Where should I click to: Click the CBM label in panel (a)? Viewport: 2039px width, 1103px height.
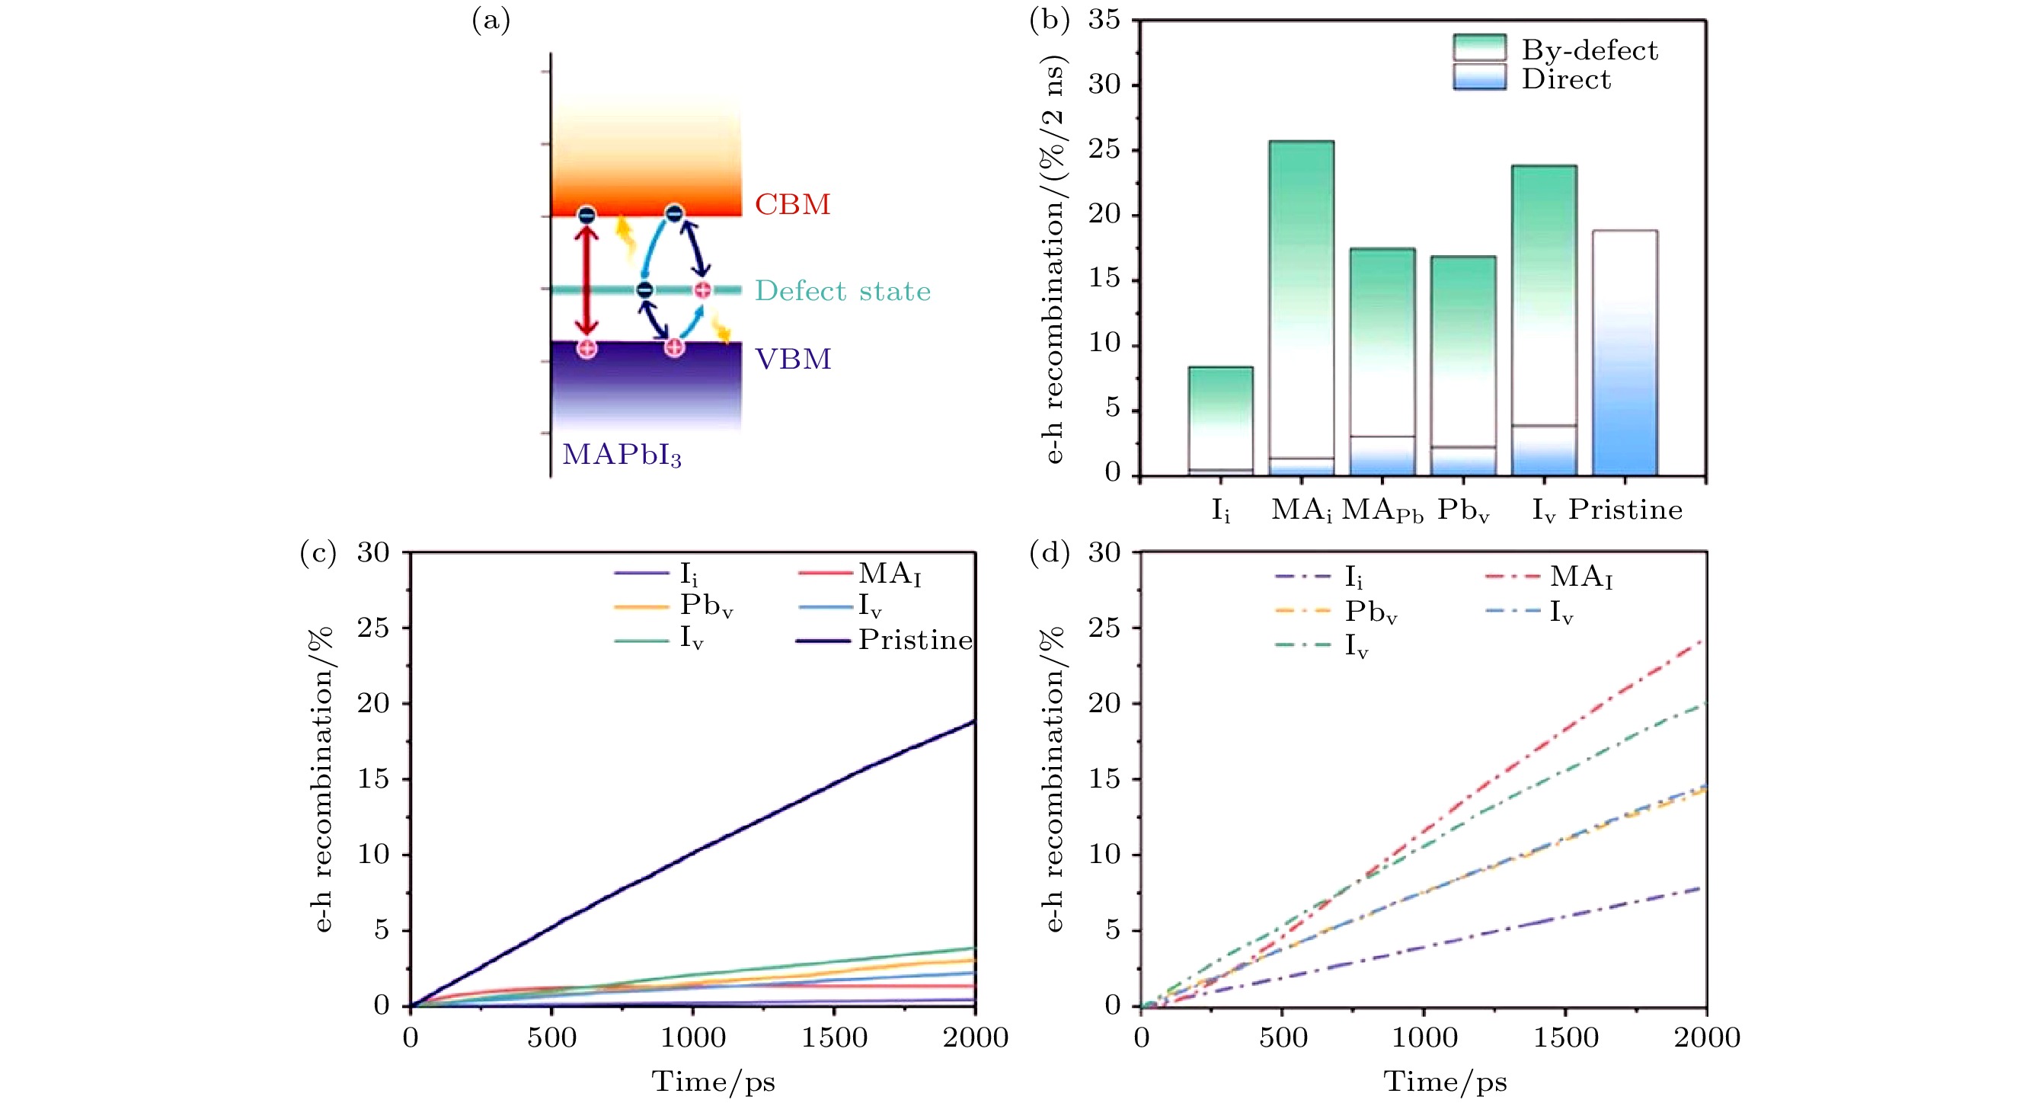[792, 204]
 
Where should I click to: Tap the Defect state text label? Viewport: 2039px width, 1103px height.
[842, 290]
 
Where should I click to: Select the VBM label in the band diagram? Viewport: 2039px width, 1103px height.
[793, 359]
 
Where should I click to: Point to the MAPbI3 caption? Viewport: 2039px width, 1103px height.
[622, 455]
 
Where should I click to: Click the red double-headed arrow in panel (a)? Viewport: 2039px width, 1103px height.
[586, 280]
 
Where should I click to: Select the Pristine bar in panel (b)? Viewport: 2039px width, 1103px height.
[1624, 353]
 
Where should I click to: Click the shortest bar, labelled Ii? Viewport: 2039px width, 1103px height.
[1219, 420]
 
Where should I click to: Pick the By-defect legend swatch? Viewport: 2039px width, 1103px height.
[1478, 47]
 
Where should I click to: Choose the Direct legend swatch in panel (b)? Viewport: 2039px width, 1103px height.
[1478, 77]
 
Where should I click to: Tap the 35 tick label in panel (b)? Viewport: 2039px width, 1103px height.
[1104, 20]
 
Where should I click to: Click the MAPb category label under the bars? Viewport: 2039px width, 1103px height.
[1382, 510]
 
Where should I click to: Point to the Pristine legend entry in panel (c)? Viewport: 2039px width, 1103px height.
[915, 640]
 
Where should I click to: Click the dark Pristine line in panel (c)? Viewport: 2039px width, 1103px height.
[693, 853]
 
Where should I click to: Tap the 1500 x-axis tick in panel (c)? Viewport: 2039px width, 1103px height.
[834, 1037]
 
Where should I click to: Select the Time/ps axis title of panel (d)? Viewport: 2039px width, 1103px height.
[1445, 1081]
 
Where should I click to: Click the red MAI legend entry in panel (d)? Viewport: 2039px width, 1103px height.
[1580, 577]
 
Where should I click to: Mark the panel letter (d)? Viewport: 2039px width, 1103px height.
[1050, 553]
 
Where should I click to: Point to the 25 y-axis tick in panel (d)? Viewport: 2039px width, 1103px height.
[1104, 628]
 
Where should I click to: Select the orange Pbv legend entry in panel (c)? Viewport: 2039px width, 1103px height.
[705, 606]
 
